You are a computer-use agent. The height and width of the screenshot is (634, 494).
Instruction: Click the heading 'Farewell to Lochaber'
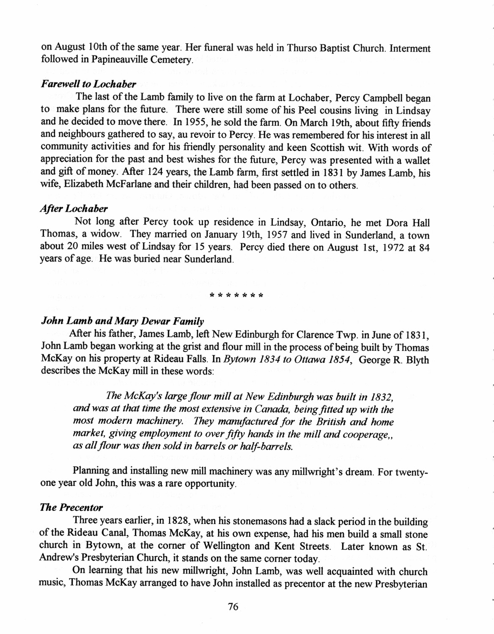(82, 84)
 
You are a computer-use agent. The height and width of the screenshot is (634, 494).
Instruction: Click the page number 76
(233, 607)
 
